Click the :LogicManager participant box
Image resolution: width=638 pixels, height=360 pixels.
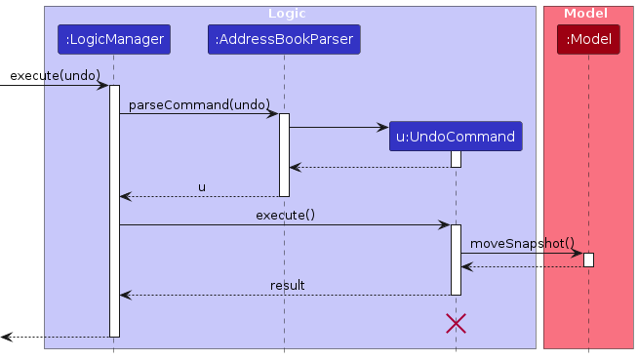pos(113,40)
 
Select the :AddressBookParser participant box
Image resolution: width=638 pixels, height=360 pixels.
pos(284,40)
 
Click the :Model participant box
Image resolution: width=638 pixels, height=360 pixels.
pos(588,40)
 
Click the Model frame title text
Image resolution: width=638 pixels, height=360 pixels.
pos(587,14)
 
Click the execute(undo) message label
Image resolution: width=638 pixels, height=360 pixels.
pos(56,75)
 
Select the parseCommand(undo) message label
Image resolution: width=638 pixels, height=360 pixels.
pos(199,103)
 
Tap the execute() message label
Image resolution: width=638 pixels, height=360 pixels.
pos(285,215)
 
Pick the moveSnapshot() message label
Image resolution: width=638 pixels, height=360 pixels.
pos(522,243)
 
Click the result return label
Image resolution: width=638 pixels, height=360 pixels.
pos(287,285)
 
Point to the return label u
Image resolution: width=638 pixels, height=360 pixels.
pos(202,186)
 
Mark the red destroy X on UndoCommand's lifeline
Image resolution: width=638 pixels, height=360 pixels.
pos(456,323)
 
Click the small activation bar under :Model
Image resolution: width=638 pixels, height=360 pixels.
pos(588,260)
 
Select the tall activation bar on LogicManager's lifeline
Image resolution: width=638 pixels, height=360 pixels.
pos(114,210)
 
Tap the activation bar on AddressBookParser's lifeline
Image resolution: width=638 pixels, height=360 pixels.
pos(284,154)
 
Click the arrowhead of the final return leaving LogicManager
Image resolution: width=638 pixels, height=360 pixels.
pos(6,337)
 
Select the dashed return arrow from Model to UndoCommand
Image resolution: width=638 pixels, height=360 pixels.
pos(522,266)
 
